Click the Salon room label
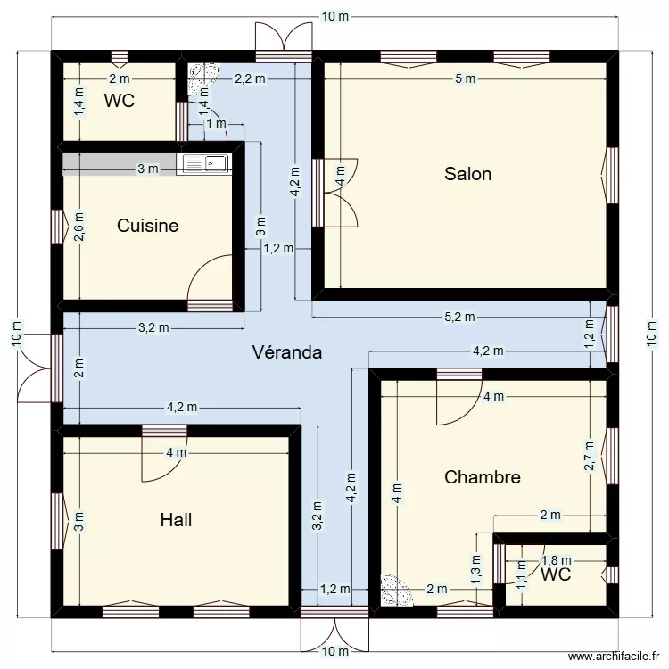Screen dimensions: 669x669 click(467, 174)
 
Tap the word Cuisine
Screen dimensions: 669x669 click(148, 226)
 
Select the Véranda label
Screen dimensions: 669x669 click(286, 352)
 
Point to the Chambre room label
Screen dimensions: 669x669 click(482, 477)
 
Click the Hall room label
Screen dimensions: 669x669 click(176, 520)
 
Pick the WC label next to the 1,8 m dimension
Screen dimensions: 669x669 click(555, 575)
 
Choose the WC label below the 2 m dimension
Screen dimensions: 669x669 click(119, 101)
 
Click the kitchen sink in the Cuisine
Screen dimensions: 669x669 click(203, 163)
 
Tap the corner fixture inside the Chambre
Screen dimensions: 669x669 click(393, 590)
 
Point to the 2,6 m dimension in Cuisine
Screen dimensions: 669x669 click(79, 227)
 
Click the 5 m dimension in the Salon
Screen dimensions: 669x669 click(465, 78)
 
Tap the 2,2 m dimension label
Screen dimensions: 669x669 click(250, 78)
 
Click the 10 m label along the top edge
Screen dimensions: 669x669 click(335, 17)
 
